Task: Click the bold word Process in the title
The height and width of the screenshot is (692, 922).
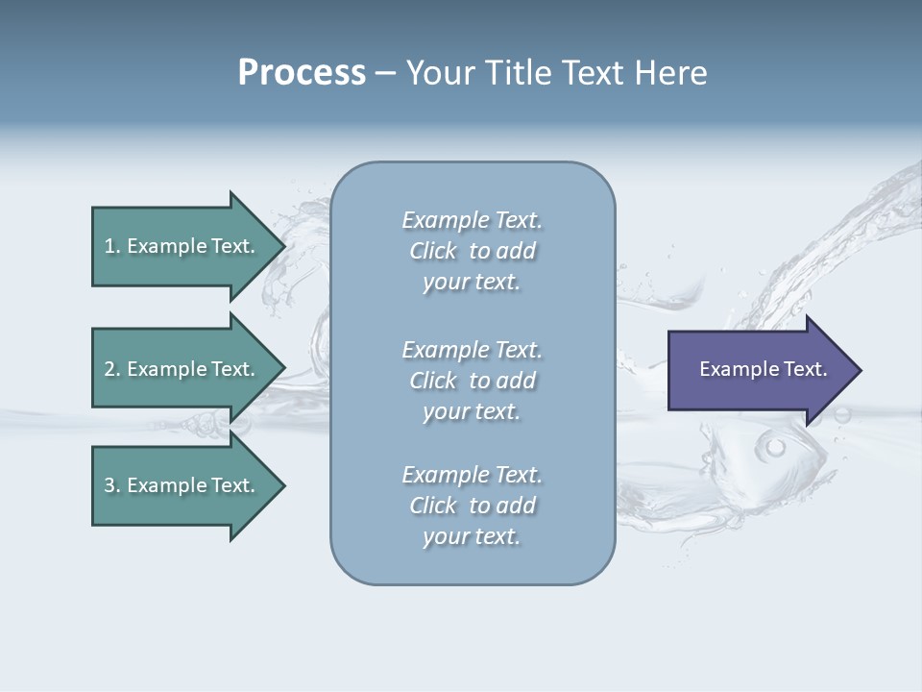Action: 302,73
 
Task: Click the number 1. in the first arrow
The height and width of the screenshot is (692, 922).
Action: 111,246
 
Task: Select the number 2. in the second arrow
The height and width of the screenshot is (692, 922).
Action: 111,369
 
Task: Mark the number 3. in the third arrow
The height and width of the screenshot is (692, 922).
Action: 111,485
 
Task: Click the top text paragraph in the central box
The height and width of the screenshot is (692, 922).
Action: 472,251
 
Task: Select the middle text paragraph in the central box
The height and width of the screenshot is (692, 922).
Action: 472,381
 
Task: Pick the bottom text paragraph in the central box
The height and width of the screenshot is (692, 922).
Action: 472,506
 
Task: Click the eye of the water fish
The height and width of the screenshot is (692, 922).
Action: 775,447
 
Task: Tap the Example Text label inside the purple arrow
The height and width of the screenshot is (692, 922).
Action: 763,369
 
